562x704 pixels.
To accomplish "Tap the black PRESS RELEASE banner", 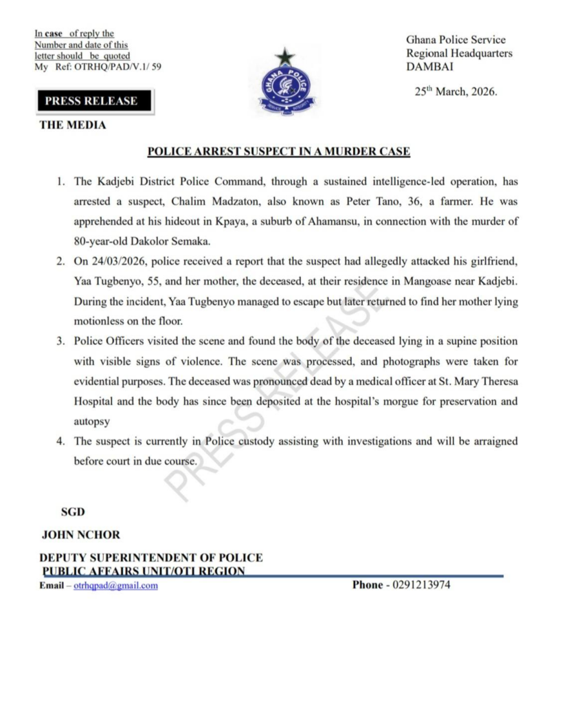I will pos(91,101).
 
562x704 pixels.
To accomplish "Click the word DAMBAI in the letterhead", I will pos(429,67).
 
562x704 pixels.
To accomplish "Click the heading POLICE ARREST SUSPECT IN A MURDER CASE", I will pos(279,152).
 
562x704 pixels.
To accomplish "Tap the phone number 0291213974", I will pos(422,586).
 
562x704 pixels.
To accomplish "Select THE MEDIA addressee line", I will pos(73,126).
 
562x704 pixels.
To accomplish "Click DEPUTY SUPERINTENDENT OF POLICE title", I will pos(152,558).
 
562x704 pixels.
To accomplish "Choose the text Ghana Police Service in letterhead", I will pos(456,40).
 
